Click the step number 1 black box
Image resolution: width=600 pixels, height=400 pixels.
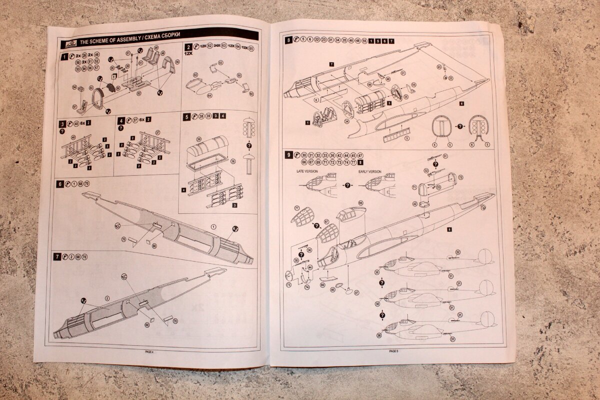click(64, 57)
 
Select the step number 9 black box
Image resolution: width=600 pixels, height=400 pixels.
click(288, 155)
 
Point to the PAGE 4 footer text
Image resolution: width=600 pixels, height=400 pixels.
click(148, 351)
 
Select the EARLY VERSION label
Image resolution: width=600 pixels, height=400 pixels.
click(369, 171)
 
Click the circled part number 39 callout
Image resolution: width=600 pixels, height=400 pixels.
click(198, 139)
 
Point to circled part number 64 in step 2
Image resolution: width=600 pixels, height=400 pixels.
click(209, 95)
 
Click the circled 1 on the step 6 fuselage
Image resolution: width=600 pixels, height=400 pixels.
click(213, 227)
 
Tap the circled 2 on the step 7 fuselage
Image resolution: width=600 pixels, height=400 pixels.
click(106, 298)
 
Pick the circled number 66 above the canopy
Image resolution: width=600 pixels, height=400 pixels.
click(360, 203)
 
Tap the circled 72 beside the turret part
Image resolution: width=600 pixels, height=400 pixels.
click(460, 177)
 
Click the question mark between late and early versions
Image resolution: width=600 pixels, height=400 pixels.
click(347, 185)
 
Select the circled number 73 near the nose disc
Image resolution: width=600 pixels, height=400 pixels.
click(288, 284)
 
